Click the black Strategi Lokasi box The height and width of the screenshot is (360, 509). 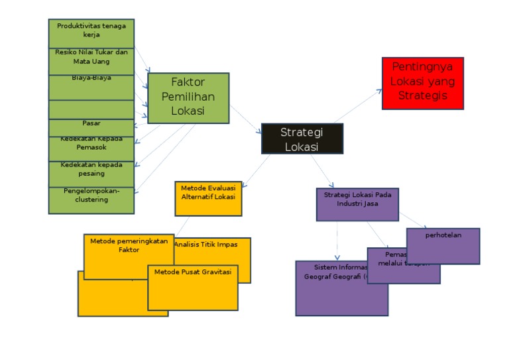point(302,139)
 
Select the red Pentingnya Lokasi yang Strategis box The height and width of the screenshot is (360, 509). point(422,83)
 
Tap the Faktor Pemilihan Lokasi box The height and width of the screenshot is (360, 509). point(188,98)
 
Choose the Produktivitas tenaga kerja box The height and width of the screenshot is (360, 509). point(91,32)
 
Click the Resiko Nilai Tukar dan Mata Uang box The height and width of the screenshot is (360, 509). point(91,60)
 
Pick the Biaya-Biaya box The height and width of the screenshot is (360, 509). point(91,86)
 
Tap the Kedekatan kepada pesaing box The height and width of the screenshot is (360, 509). point(91,173)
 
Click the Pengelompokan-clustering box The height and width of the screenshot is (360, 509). point(91,200)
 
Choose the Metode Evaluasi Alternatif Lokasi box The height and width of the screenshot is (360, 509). point(208,198)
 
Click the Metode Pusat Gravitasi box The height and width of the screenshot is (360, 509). point(192,287)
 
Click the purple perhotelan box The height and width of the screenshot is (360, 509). point(443,245)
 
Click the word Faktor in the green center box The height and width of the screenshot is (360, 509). point(188,83)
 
